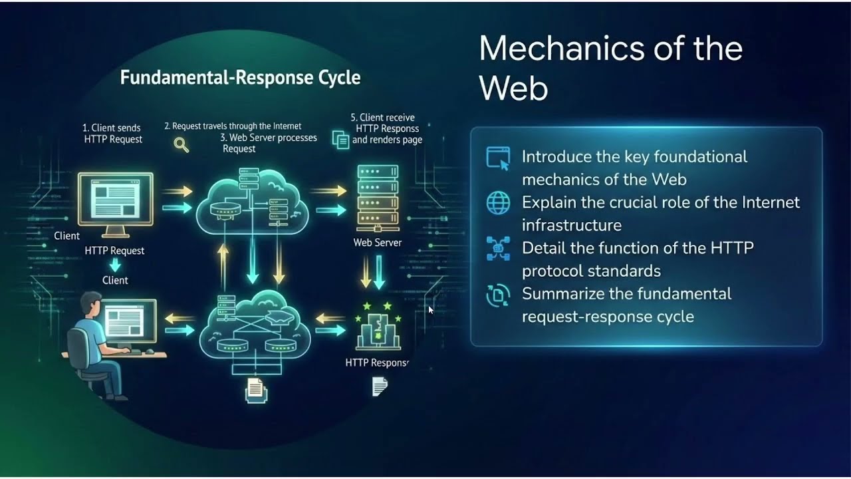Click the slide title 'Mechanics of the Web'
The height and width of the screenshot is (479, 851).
[610, 69]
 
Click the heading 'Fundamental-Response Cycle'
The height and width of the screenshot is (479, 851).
[240, 78]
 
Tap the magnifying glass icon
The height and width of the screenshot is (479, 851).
[182, 145]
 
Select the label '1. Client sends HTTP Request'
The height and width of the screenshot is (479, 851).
[112, 134]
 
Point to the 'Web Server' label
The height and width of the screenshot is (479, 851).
[377, 243]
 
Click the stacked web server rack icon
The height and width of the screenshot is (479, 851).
[378, 198]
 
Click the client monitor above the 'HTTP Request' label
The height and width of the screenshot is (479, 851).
[116, 204]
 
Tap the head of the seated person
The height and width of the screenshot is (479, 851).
[92, 304]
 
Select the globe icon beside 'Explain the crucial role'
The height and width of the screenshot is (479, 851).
[498, 203]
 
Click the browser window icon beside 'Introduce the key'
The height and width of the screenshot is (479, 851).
[498, 158]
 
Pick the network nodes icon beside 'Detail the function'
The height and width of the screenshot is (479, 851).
[498, 249]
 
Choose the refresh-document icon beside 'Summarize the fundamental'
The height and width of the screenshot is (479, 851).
[498, 295]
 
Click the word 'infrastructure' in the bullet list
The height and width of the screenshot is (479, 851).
[572, 226]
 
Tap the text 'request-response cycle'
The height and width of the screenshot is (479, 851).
[608, 317]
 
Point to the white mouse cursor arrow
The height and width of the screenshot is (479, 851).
[431, 310]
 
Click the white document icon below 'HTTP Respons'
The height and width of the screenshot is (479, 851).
[380, 387]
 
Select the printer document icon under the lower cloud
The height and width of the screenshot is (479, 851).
[256, 391]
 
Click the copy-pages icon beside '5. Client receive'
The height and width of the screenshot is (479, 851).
[341, 140]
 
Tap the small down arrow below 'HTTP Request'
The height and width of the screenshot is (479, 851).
[115, 265]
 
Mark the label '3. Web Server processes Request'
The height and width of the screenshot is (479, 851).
[269, 143]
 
